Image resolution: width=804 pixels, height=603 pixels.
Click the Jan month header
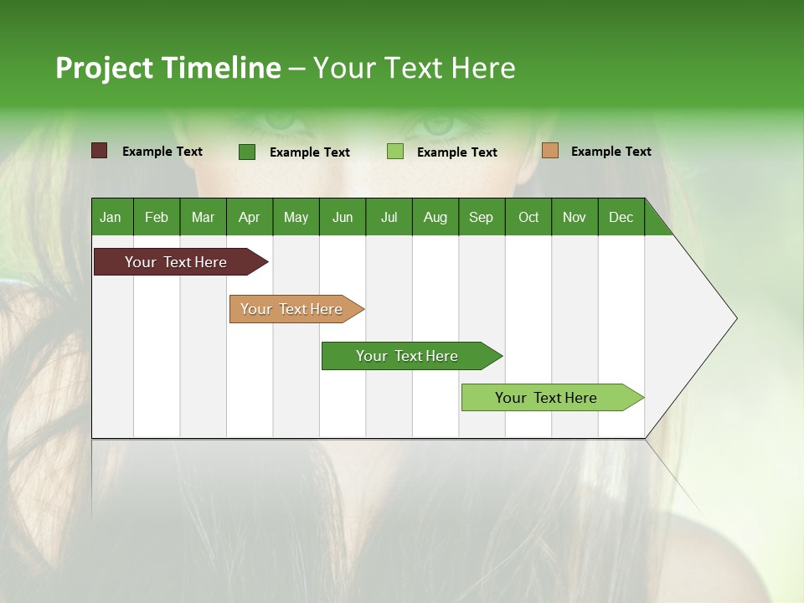click(x=111, y=218)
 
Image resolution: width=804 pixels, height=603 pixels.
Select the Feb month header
click(x=157, y=218)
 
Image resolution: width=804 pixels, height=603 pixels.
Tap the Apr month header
click(x=250, y=218)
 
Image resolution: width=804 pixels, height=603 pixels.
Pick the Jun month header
click(x=343, y=218)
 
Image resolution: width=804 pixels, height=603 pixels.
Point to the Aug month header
click(x=435, y=218)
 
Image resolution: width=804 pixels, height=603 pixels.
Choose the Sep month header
click(x=481, y=218)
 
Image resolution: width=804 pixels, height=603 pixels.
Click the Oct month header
click(x=528, y=218)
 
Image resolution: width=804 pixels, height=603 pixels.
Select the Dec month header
click(x=621, y=218)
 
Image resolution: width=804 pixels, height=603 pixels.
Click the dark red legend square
click(x=100, y=151)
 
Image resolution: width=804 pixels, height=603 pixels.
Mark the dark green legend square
click(x=247, y=152)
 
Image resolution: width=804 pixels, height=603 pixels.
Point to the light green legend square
click(x=395, y=152)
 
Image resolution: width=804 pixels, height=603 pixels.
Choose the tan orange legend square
click(x=550, y=151)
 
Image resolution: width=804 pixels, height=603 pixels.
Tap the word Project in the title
click(x=105, y=68)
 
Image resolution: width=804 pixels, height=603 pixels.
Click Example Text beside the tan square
click(x=611, y=152)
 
